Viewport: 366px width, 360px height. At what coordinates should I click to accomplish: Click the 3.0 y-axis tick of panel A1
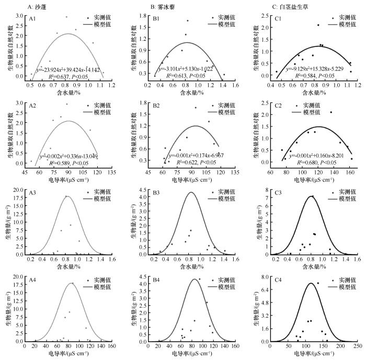click(x=20, y=16)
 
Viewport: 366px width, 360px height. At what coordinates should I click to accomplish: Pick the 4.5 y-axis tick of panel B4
click(x=142, y=277)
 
